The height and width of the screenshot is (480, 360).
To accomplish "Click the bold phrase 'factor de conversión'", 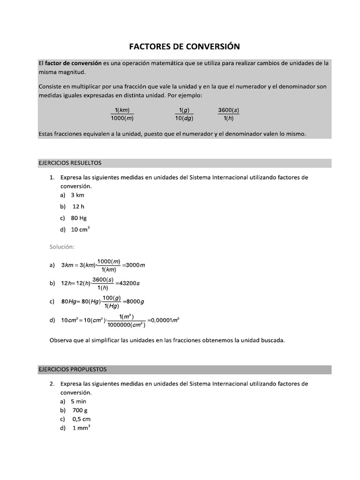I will tap(73, 63).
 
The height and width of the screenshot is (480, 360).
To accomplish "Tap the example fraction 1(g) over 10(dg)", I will tap(184, 114).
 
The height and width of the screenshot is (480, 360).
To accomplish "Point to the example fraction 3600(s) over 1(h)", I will tap(228, 114).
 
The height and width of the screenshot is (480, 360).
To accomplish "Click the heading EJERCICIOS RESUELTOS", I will tap(69, 163).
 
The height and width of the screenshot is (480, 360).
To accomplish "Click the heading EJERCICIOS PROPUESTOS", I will tap(72, 369).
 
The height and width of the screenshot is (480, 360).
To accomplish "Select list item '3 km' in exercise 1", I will tap(77, 195).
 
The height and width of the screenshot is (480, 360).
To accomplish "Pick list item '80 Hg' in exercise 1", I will tap(79, 218).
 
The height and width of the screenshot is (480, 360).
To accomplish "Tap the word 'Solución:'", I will tap(62, 247).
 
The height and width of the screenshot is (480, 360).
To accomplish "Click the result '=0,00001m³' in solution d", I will tap(164, 321).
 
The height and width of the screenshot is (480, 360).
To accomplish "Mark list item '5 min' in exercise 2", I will tap(78, 401).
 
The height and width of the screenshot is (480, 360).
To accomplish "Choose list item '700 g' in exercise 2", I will tap(80, 410).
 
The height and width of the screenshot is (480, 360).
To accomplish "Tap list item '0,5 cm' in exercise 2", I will tap(81, 419).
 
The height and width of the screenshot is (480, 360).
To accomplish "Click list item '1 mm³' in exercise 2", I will tap(81, 428).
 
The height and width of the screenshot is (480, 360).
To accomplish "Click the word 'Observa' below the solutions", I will tap(61, 340).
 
